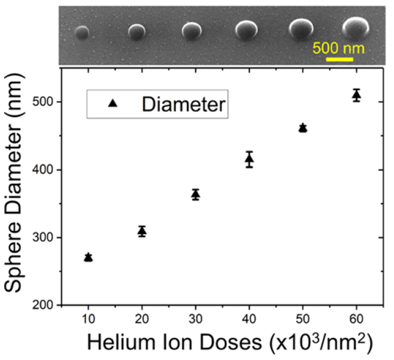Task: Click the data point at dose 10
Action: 88,257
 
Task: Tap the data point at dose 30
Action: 195,195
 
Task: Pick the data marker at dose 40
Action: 250,159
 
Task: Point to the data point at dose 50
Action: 303,128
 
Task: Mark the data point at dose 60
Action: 356,96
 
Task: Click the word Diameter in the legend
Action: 183,104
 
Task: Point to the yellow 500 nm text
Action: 338,47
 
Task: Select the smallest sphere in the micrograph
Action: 82,33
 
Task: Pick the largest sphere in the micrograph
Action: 356,26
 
